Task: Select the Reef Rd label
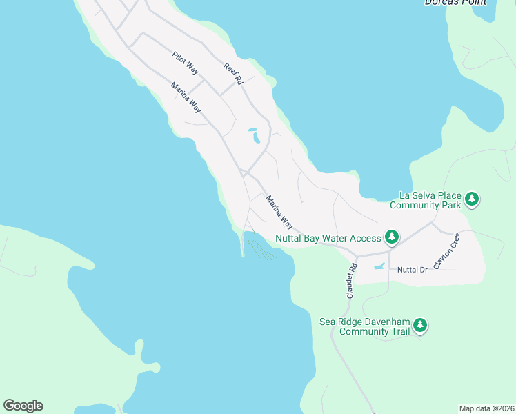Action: (x=234, y=74)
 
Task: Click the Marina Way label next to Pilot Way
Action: (x=186, y=97)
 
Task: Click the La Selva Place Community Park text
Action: (x=424, y=200)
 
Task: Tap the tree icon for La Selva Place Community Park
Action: (x=472, y=199)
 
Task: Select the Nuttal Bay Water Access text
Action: (x=328, y=238)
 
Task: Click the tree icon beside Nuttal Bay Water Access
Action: (x=392, y=237)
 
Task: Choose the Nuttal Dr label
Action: (x=413, y=269)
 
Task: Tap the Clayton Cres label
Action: (x=446, y=250)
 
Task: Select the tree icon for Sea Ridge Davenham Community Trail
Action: (x=420, y=326)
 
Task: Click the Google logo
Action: (x=23, y=406)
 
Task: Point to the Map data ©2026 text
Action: (x=486, y=408)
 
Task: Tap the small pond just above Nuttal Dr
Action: (x=379, y=266)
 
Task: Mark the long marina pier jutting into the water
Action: (x=243, y=245)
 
